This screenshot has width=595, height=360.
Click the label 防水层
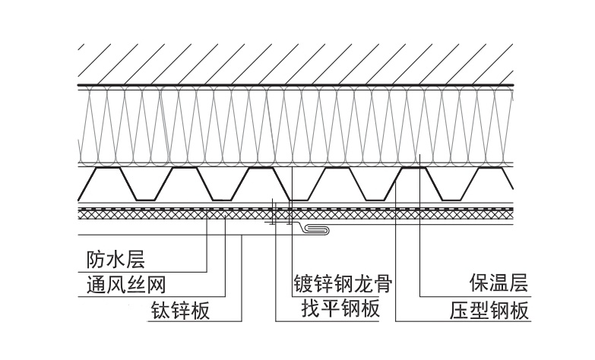coord(116,260)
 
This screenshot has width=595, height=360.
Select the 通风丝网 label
coord(126,285)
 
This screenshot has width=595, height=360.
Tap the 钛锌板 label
coord(181,310)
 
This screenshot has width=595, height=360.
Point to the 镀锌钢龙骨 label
coord(343,284)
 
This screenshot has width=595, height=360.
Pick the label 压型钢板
coord(489,310)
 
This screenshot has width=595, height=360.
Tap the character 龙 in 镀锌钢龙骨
coord(362,284)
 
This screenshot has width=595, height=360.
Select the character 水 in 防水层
coord(116,260)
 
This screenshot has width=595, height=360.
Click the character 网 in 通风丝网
coord(156,285)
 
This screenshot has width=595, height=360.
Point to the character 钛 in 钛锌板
coord(161,310)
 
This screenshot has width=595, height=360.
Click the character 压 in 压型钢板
coord(460,310)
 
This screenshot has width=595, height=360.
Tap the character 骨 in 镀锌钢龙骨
coord(382,284)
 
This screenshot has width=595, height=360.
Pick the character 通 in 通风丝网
coord(97,285)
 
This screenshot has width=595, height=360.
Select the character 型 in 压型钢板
coord(479,310)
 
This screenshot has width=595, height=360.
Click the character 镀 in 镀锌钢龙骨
coord(303,284)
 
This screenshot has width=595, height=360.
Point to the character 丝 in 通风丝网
coord(136,285)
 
